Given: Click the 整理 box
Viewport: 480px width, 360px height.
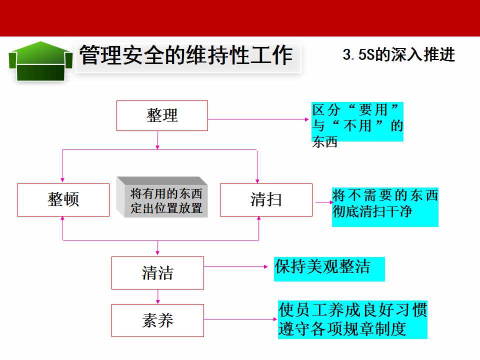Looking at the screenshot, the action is tap(162, 115).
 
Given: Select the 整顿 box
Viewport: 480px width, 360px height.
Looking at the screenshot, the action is tap(63, 200).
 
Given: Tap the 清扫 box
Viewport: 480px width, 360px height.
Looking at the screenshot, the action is tap(266, 200).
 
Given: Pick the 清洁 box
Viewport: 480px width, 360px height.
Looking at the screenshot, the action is tap(157, 273).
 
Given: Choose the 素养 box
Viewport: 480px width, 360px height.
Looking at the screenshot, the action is tap(157, 320).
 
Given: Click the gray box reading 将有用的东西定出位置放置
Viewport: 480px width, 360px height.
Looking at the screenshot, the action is tap(162, 197).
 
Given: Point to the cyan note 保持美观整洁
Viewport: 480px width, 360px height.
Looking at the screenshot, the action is tap(329, 269).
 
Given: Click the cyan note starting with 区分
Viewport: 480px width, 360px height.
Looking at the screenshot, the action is tap(357, 122).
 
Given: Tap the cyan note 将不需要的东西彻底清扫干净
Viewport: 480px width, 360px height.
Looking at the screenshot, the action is tap(385, 207).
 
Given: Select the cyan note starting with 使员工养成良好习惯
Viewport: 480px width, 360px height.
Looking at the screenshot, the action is tap(352, 319).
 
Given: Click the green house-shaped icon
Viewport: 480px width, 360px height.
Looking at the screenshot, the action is tap(40, 61).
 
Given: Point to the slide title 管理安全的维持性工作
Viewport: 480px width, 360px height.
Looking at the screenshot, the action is tap(186, 55).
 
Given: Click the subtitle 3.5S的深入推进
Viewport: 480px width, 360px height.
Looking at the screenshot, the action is tap(399, 55).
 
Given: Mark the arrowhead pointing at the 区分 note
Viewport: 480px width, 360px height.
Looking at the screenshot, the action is tap(307, 119).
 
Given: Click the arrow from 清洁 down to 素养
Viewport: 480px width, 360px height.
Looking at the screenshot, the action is tap(157, 296).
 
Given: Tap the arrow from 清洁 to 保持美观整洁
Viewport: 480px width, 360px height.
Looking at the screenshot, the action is tap(236, 266).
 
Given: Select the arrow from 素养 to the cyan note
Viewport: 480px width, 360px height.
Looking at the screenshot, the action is tap(240, 319).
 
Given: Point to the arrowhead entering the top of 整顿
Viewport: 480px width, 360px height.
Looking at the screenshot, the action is tap(62, 180).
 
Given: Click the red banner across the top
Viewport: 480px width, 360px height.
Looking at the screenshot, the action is tap(240, 18).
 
